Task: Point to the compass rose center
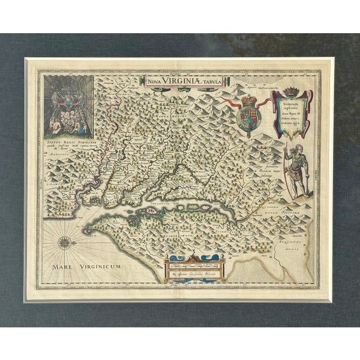pos(62,244)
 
